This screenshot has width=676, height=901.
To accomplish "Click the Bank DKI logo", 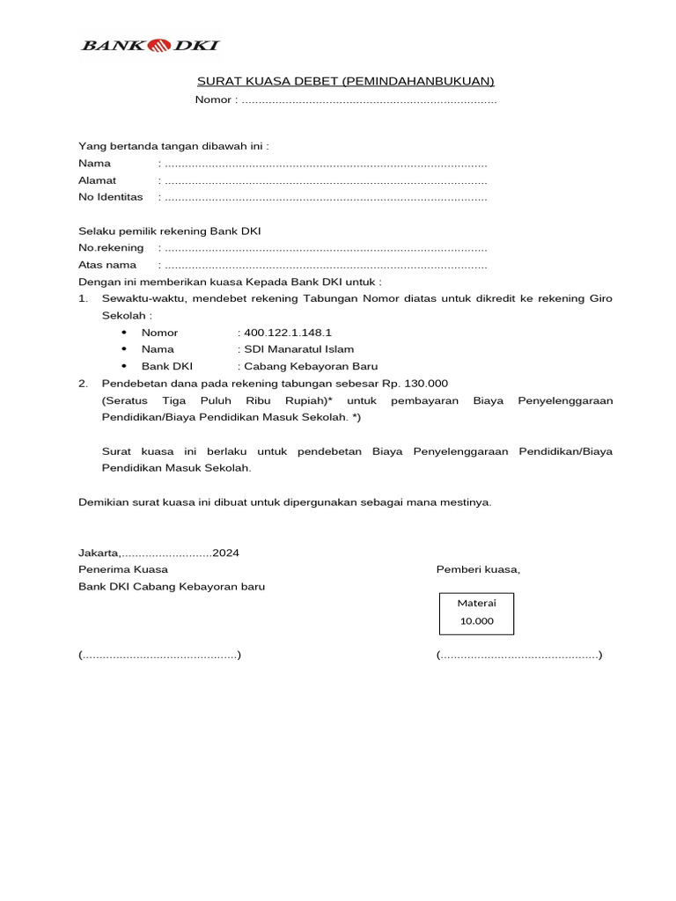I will pos(150,45).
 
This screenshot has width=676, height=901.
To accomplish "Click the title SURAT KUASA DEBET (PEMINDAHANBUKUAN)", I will pos(346,82).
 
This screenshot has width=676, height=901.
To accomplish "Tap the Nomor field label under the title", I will pos(214,99).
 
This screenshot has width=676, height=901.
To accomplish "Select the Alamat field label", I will pos(97,180).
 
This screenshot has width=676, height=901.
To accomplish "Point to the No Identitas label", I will pos(110,197).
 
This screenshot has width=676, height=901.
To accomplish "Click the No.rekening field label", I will pos(111,248).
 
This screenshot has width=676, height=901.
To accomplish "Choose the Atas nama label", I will pos(107,265).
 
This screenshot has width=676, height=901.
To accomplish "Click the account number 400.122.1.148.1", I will pos(288,333).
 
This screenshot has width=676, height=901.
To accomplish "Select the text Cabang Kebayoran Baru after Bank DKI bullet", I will pos(311,366).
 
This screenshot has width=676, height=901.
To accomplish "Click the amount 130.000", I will pos(426,384).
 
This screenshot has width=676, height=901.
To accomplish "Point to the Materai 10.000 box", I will pos(476,612).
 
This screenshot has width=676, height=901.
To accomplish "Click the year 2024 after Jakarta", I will pos(225,553).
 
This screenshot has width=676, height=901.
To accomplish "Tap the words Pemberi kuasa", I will pos(478,569).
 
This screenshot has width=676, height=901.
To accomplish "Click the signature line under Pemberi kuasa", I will pos(519,656).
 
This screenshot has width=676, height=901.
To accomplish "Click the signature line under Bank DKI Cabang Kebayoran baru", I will pos(159,656).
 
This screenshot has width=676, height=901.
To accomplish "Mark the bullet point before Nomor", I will pos(124,333).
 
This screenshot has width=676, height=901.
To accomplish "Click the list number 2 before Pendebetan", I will pos(83,384).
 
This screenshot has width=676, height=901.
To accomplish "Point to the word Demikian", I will pos(102,502).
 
